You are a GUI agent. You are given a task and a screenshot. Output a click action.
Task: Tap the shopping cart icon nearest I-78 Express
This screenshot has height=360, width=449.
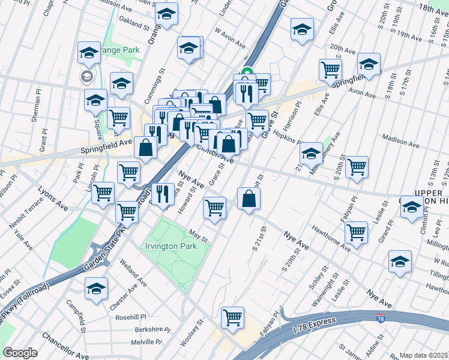point(232,317)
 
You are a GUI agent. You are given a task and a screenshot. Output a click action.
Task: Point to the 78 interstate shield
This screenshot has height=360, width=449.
point(381,319)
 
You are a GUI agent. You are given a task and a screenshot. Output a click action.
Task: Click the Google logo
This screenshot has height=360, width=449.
point(20,353)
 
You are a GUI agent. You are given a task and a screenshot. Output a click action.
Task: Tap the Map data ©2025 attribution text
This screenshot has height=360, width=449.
point(423,355)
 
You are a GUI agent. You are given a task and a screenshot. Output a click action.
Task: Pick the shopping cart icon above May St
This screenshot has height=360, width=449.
point(214,208)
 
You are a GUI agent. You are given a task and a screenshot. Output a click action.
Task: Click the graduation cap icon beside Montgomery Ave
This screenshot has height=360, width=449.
point(311,154)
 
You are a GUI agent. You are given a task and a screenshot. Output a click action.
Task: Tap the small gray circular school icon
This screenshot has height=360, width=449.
point(87,76)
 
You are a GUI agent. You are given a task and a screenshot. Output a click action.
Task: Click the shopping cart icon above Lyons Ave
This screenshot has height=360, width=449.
point(103,193)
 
